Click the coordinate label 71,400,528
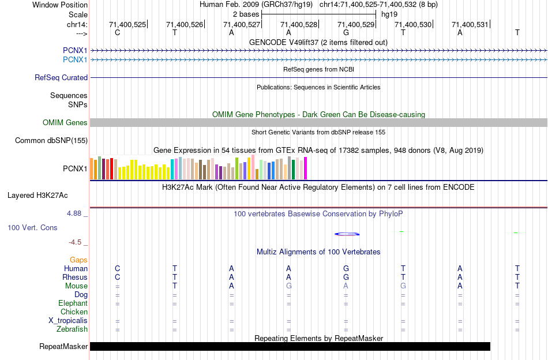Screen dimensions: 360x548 point(298,24)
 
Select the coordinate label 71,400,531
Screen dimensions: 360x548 point(470,24)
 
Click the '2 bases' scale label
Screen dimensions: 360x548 point(246,14)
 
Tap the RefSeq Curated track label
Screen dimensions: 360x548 point(61,77)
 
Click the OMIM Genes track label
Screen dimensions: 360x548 point(65,122)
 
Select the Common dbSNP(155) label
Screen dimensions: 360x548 point(51,140)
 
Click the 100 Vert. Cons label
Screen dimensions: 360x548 point(32,227)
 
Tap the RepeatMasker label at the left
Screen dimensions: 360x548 point(63,347)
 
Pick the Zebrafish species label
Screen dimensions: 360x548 point(72,329)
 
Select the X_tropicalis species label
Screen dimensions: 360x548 point(68,321)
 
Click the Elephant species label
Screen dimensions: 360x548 point(73,303)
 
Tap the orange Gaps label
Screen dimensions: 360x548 point(78,260)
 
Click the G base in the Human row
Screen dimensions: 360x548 point(346,268)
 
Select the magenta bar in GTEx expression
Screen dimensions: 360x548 point(306,168)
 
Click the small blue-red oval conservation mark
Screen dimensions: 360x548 point(347,234)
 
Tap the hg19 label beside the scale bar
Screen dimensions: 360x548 point(389,14)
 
